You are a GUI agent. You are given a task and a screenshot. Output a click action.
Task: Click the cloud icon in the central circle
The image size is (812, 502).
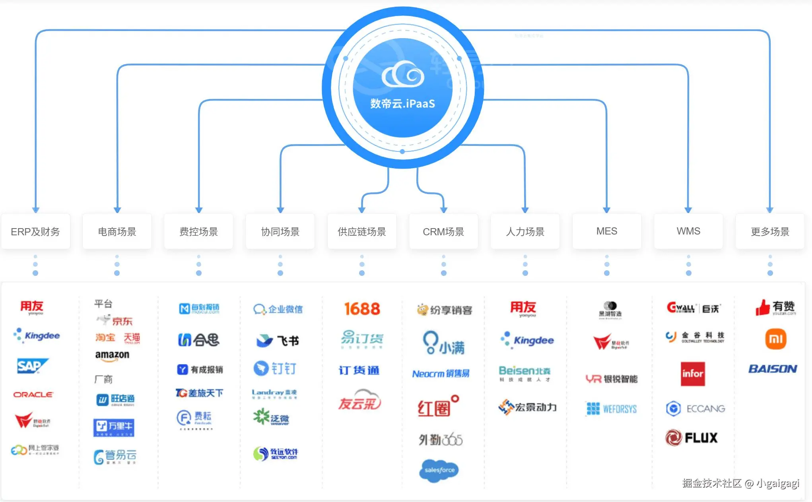click(x=402, y=74)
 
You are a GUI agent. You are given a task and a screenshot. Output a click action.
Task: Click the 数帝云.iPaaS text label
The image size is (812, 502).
click(x=402, y=104)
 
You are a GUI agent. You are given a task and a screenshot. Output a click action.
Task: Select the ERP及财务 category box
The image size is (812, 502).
click(x=35, y=231)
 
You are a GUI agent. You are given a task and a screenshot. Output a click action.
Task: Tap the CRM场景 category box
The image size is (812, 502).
click(x=443, y=231)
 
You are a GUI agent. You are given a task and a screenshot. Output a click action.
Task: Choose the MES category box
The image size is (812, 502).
click(x=606, y=231)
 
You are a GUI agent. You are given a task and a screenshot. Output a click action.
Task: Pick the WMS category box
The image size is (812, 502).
click(x=688, y=231)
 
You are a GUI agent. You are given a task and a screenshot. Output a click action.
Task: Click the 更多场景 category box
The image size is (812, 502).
click(x=770, y=231)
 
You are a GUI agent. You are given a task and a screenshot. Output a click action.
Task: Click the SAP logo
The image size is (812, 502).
click(x=32, y=366)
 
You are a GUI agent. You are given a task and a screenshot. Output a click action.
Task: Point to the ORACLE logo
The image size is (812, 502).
click(x=33, y=395)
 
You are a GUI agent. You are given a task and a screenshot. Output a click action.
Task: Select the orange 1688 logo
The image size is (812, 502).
click(x=362, y=309)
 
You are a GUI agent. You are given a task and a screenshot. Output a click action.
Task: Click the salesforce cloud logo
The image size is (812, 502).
click(x=439, y=470)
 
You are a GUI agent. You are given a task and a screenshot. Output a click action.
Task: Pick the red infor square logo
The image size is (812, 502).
click(x=693, y=374)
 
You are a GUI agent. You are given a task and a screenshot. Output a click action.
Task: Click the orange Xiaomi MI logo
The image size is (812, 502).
click(x=775, y=339)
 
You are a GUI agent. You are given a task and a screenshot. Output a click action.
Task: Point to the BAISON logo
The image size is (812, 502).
click(x=772, y=369)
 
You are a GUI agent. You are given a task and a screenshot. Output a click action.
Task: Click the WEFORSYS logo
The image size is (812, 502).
click(x=612, y=409)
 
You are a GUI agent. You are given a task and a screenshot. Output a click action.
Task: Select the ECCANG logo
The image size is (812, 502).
click(x=695, y=409)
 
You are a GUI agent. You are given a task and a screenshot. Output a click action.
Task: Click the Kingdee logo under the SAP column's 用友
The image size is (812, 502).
click(x=37, y=335)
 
